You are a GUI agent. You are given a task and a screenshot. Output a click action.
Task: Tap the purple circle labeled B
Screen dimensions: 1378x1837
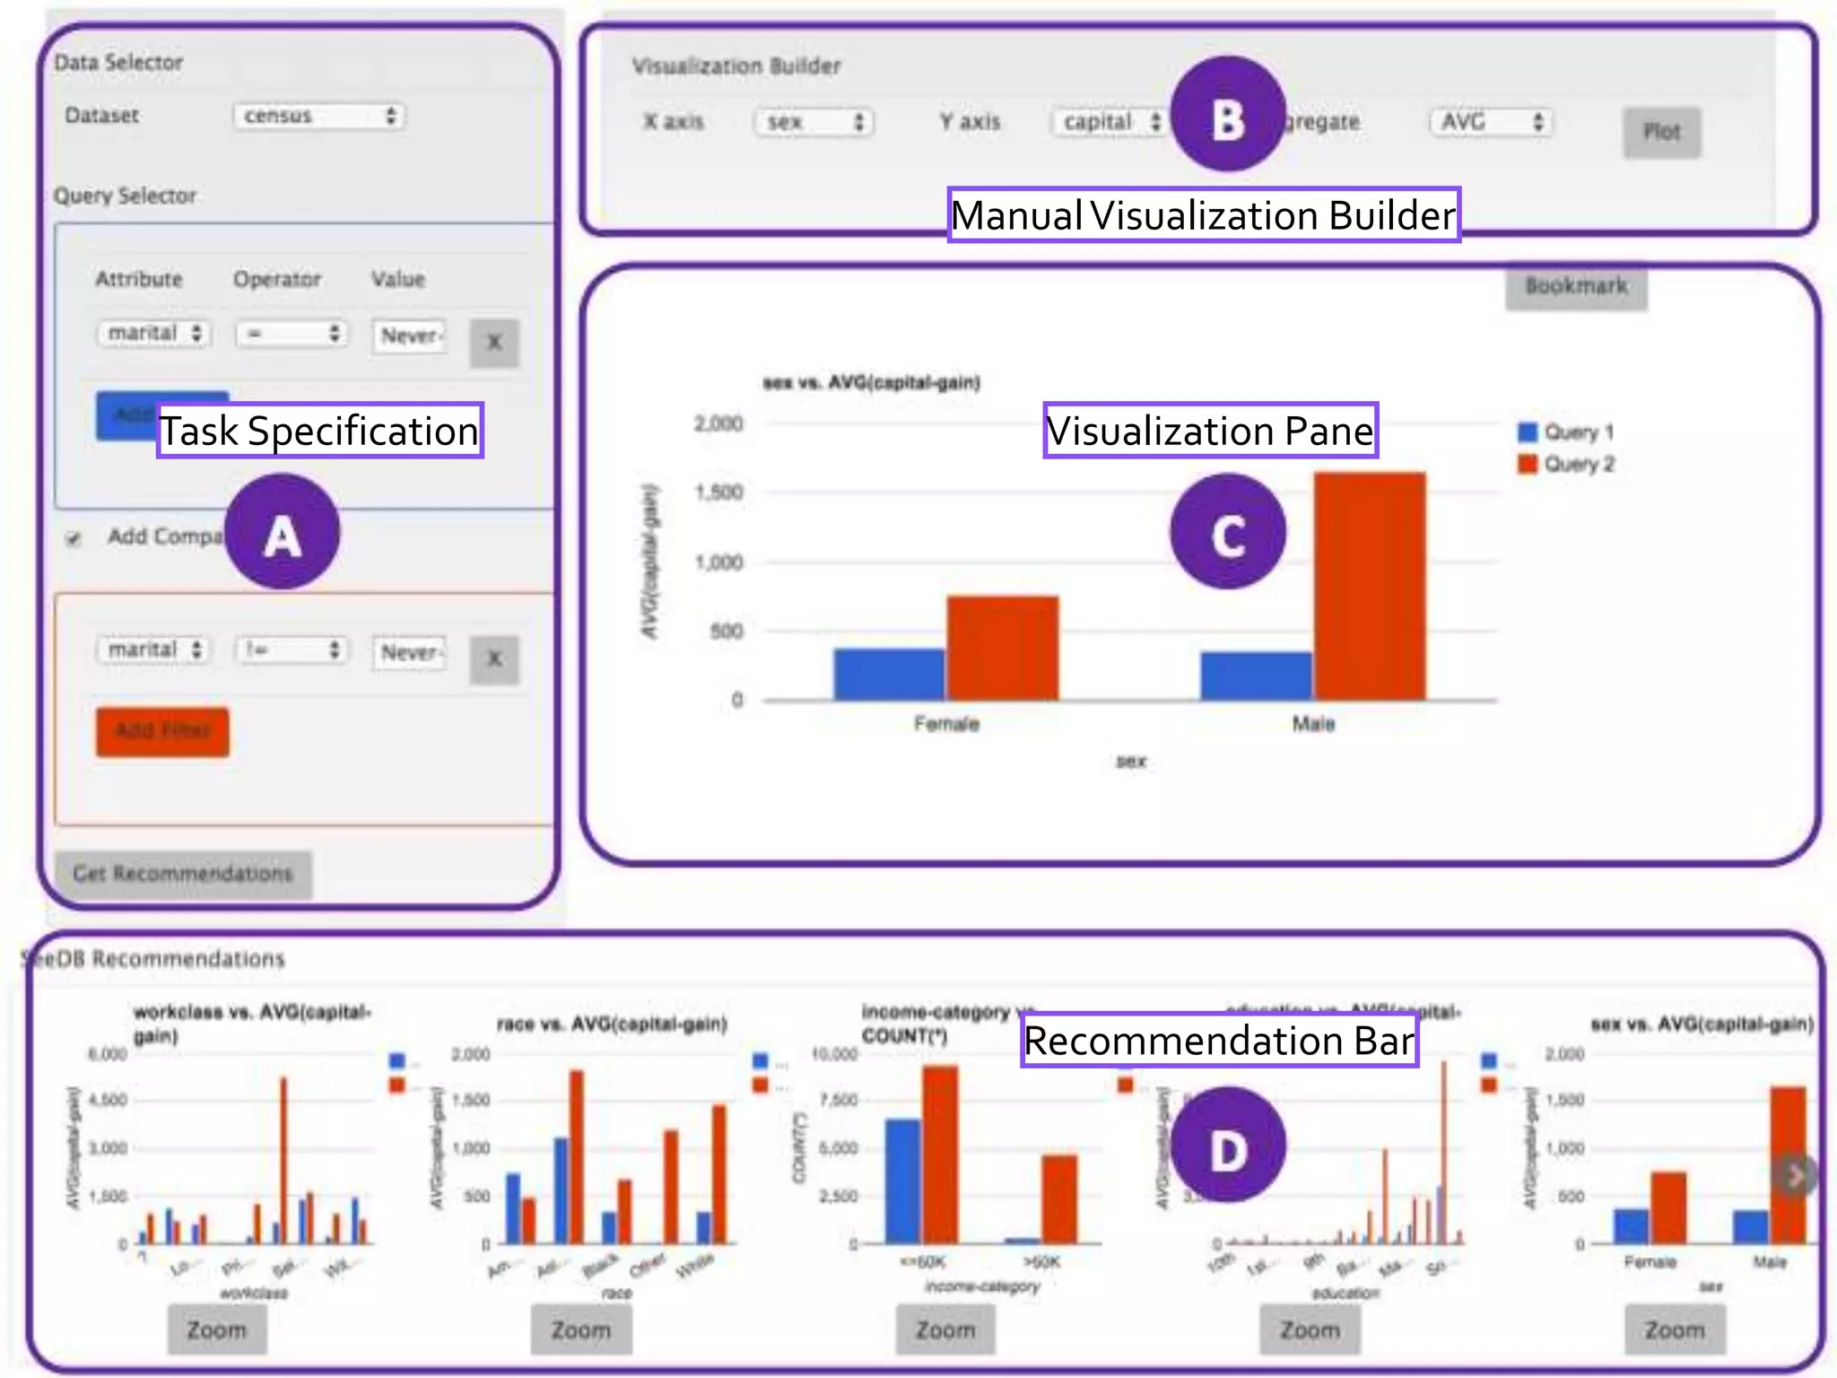pos(1228,114)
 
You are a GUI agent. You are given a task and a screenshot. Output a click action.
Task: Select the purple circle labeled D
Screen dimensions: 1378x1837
pos(1228,1144)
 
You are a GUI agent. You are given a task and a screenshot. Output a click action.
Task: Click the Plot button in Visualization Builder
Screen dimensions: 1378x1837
pos(1661,133)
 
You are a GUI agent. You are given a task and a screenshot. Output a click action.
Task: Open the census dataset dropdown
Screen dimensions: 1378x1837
pos(319,116)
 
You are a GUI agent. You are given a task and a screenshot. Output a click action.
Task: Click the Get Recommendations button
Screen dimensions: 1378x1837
pos(183,873)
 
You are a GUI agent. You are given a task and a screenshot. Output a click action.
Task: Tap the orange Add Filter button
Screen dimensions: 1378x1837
pos(162,731)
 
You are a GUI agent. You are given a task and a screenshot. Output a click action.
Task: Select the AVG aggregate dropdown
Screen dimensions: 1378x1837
pos(1491,122)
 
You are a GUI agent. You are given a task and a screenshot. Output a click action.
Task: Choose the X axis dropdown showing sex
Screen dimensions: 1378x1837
pos(813,122)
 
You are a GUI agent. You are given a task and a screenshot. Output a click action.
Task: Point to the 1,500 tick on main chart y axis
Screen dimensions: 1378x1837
pos(718,493)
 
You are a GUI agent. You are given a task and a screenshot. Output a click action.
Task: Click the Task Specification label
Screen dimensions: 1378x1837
pos(319,431)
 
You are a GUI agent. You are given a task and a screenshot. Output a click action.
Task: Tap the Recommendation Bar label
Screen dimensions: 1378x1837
pos(1219,1040)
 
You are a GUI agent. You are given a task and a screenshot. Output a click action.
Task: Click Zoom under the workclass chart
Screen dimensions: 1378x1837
pos(217,1330)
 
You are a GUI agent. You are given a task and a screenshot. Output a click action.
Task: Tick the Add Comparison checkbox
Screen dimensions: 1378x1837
pos(74,538)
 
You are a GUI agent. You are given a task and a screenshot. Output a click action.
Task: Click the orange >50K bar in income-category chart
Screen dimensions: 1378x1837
pos(1058,1199)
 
